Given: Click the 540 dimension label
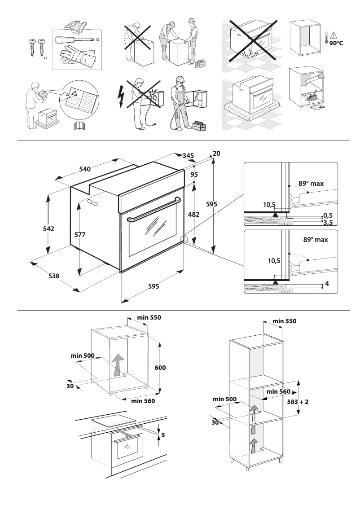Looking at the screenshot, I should [85, 169].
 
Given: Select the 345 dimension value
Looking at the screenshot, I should [188, 155].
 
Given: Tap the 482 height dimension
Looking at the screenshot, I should [193, 215].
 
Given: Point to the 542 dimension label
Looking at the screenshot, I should [48, 229].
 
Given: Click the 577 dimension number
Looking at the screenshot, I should [80, 234].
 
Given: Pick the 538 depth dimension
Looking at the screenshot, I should [54, 276].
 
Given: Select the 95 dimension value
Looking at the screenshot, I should [194, 174].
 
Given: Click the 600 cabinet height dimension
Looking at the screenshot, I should [161, 368].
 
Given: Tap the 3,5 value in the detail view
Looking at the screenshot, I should [328, 222].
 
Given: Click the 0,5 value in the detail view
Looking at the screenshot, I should [328, 215].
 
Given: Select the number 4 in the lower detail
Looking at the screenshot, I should [327, 284].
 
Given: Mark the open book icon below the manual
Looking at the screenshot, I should [79, 126].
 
